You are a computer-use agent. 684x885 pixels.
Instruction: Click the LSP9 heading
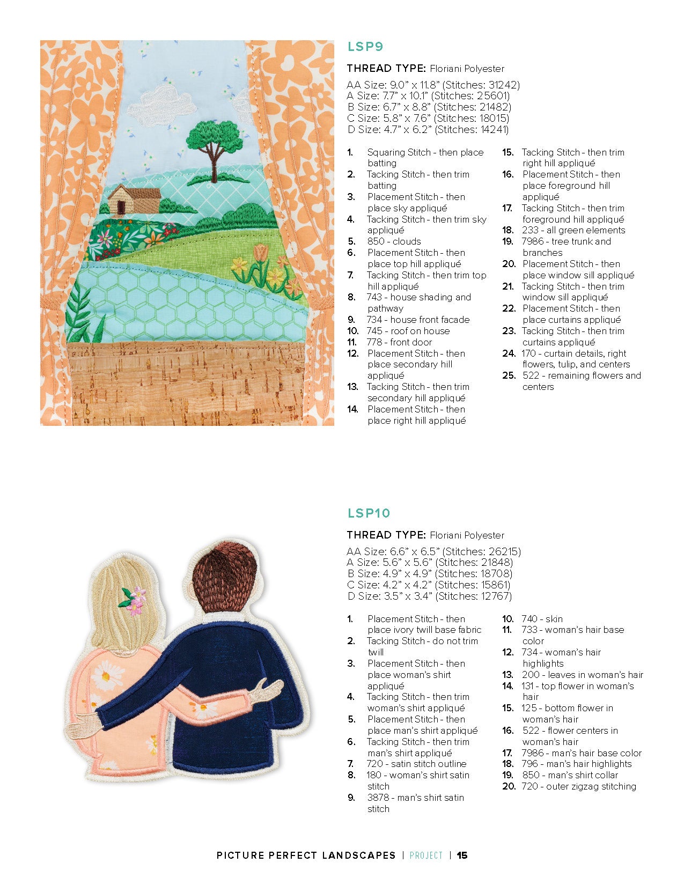click(x=365, y=47)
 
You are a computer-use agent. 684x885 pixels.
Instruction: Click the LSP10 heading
click(x=369, y=513)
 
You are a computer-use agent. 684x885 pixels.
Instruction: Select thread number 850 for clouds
click(x=376, y=241)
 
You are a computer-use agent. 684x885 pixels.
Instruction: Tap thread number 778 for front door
click(x=375, y=342)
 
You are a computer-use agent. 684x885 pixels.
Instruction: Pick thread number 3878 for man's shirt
click(x=378, y=798)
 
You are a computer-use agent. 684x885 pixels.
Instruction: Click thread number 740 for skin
click(x=530, y=619)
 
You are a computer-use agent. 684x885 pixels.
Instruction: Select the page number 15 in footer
click(x=462, y=855)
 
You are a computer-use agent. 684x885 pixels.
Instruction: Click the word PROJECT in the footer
click(x=426, y=855)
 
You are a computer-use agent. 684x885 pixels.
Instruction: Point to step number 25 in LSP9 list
click(x=509, y=375)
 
